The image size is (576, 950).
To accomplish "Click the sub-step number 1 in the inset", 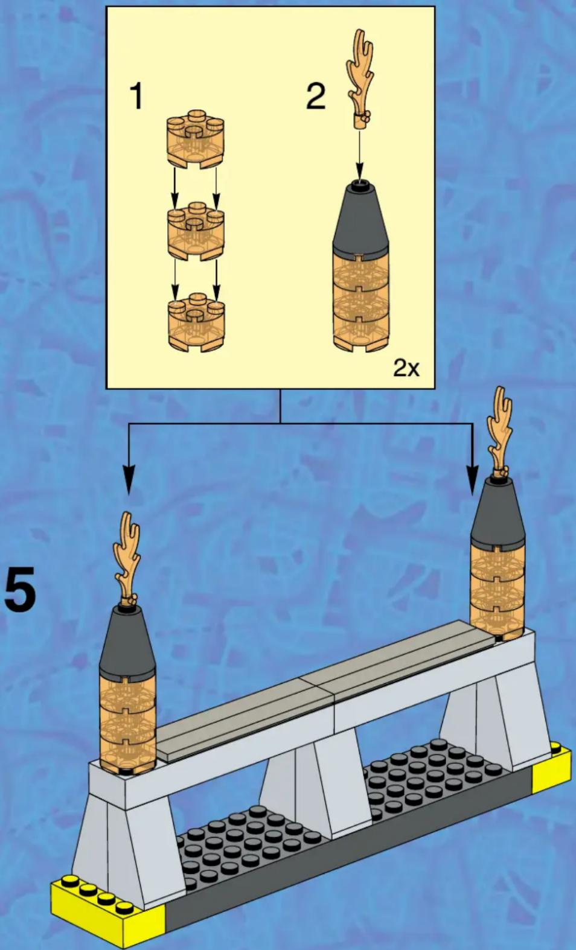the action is (x=136, y=96).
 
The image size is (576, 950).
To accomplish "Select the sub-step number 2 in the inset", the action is (x=316, y=96).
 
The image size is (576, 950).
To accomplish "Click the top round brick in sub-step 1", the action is (x=196, y=141).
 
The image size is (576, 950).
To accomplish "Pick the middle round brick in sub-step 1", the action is (x=196, y=232).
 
